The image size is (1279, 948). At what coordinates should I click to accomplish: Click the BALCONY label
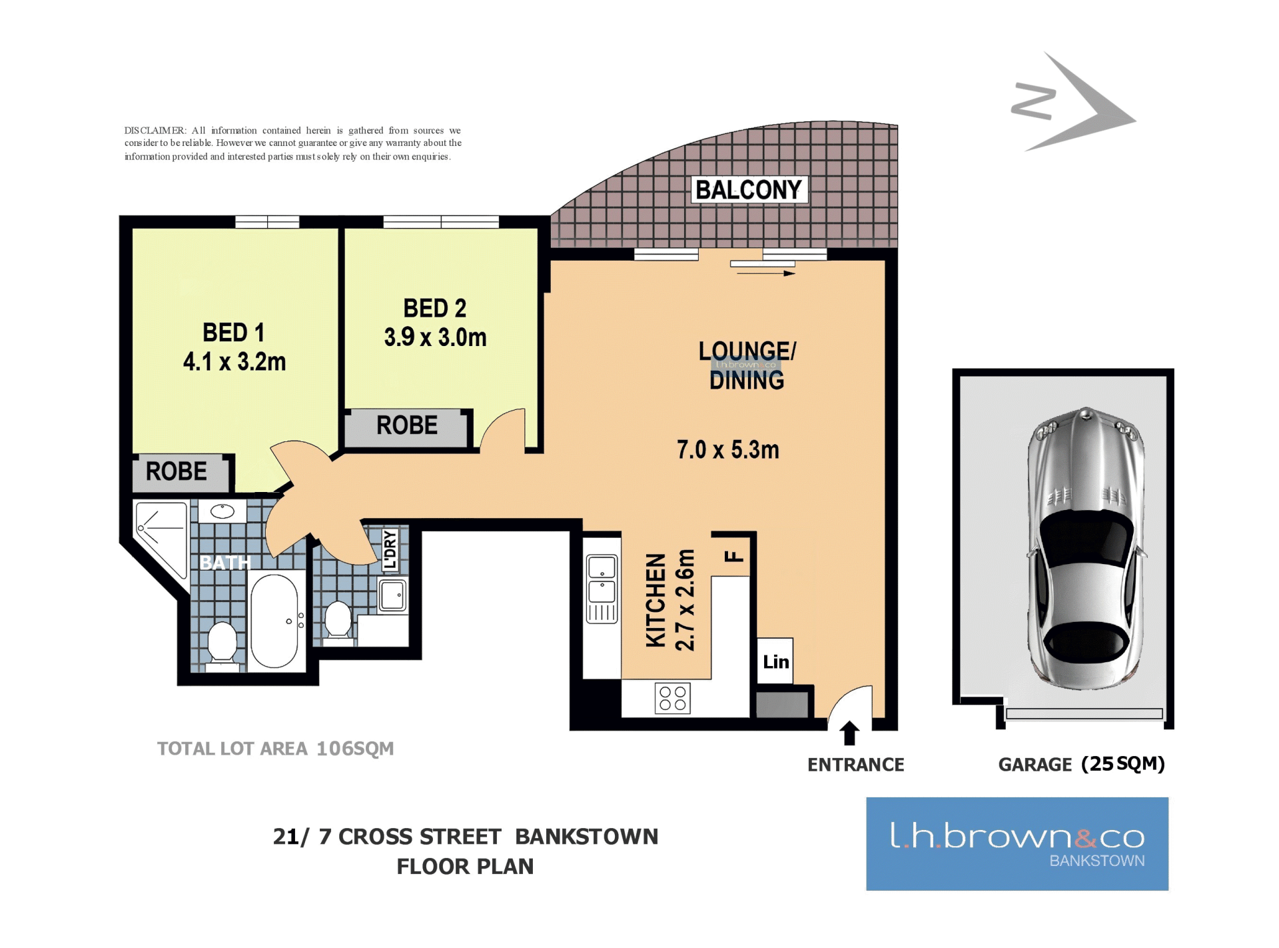pyautogui.click(x=749, y=190)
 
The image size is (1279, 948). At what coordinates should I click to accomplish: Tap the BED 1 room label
pyautogui.click(x=234, y=332)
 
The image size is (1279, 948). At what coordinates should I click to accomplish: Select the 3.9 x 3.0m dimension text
pyautogui.click(x=435, y=337)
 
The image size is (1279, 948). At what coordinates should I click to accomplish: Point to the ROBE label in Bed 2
pyautogui.click(x=407, y=425)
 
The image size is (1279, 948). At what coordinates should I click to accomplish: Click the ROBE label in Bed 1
pyautogui.click(x=177, y=471)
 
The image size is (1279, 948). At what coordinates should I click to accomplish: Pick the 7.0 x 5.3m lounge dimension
pyautogui.click(x=728, y=450)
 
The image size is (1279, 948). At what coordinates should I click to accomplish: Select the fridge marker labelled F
pyautogui.click(x=733, y=556)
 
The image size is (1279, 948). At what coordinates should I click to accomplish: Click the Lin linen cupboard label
pyautogui.click(x=776, y=662)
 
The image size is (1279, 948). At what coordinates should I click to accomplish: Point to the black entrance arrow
pyautogui.click(x=849, y=733)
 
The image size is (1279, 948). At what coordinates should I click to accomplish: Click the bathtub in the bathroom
pyautogui.click(x=274, y=621)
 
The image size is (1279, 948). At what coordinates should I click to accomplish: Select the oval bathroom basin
pyautogui.click(x=222, y=511)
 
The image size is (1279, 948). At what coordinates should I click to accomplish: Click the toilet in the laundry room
pyautogui.click(x=338, y=621)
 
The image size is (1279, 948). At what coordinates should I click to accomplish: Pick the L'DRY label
pyautogui.click(x=390, y=550)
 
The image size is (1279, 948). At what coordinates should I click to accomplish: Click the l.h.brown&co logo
pyautogui.click(x=1017, y=844)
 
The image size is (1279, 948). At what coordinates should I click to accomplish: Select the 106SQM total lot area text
pyautogui.click(x=355, y=749)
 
